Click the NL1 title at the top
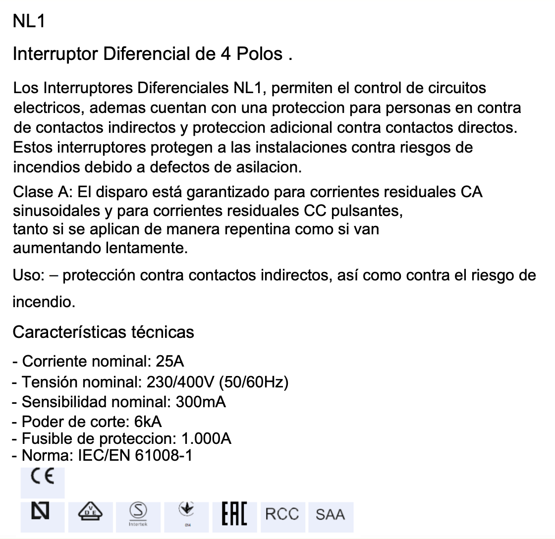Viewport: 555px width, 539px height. tap(29, 22)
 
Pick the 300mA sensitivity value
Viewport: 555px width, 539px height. tap(201, 402)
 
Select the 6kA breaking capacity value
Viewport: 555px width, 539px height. tap(148, 422)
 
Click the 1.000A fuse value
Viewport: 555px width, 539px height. tap(207, 438)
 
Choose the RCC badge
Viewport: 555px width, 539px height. tap(282, 514)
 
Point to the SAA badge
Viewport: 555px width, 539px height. tap(330, 514)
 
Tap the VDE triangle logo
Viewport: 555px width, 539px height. tap(90, 512)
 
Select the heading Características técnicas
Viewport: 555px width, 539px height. tap(103, 331)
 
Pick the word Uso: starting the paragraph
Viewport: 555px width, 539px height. tap(29, 275)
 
